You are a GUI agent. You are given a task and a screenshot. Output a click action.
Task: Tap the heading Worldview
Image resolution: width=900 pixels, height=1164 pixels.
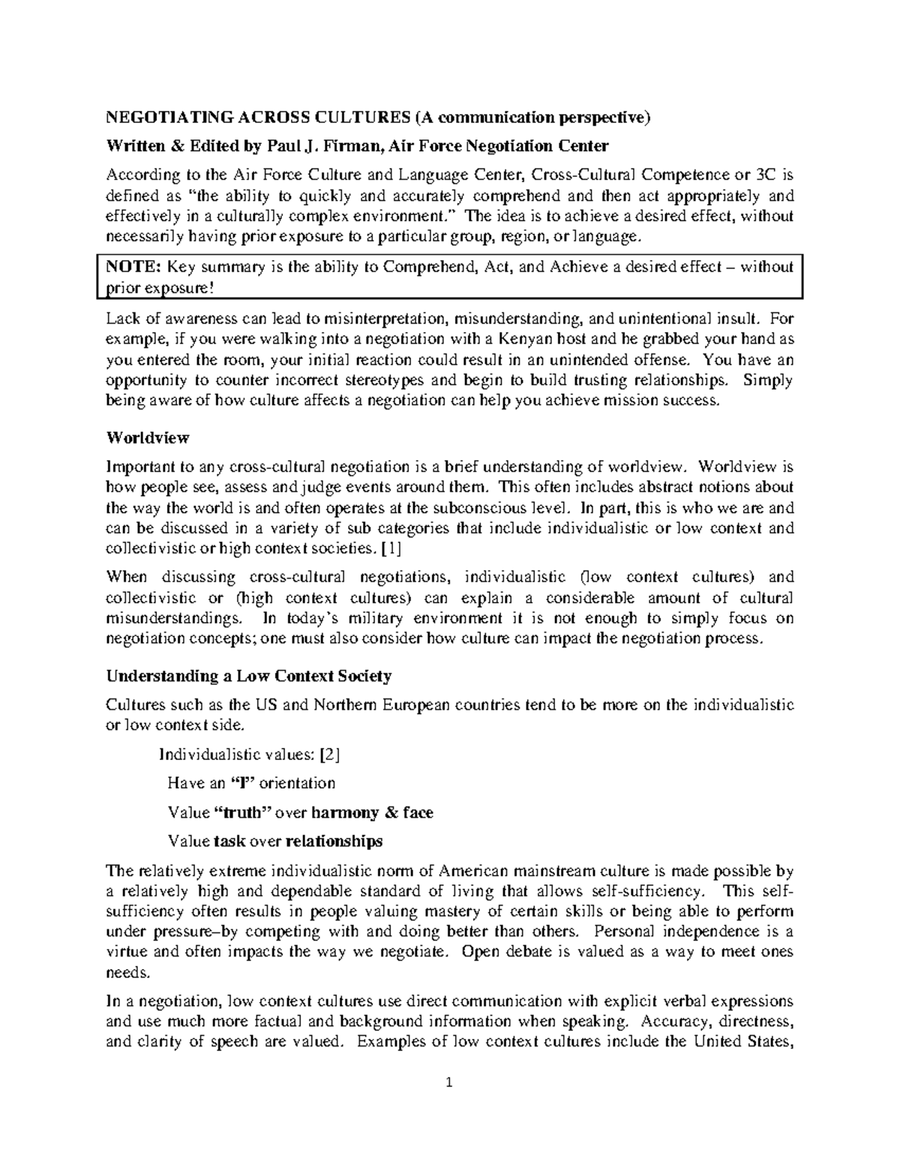click(148, 437)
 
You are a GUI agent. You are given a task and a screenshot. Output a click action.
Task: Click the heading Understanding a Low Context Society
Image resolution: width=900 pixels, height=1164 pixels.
click(249, 676)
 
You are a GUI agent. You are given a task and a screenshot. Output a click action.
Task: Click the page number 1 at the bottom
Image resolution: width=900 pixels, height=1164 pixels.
click(450, 1082)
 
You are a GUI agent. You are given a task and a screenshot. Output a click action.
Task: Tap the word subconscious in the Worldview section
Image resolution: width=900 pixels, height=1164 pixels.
click(479, 507)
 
